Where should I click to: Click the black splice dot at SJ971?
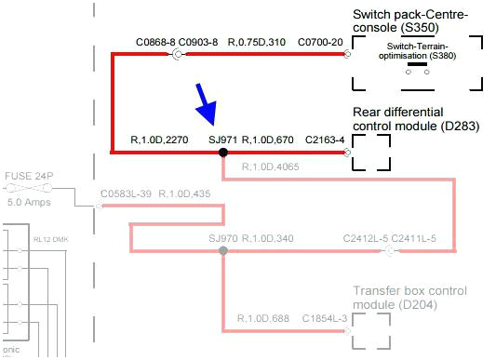(222, 152)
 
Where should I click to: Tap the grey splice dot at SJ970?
(222, 250)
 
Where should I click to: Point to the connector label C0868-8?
(154, 43)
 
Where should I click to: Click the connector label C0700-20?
(319, 43)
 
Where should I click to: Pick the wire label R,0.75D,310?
(258, 43)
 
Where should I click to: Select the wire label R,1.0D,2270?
(160, 140)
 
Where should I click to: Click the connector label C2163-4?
(325, 140)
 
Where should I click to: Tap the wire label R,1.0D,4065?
(270, 167)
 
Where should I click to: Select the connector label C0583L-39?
(125, 193)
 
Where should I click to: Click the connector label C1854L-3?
(324, 319)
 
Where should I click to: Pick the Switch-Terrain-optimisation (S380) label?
(417, 50)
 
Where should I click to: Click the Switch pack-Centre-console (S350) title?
(410, 15)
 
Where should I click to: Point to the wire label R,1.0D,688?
(264, 319)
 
